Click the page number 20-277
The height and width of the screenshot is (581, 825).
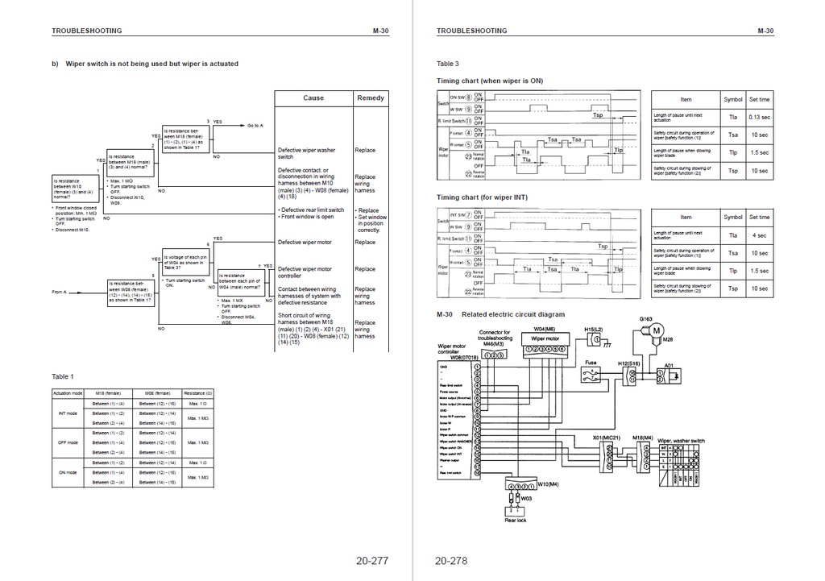click(371, 561)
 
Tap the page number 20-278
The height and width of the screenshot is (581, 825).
click(451, 561)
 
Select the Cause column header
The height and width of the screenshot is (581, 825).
click(313, 98)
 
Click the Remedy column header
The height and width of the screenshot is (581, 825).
click(371, 98)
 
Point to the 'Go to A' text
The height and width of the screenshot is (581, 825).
click(255, 126)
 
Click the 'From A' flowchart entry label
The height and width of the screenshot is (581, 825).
click(59, 292)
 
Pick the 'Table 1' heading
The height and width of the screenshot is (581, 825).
click(62, 376)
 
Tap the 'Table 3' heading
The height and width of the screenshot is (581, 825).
click(448, 64)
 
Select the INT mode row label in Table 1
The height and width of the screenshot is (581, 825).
click(68, 413)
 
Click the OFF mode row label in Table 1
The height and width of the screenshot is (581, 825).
click(68, 442)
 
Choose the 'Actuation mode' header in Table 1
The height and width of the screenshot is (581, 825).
click(68, 392)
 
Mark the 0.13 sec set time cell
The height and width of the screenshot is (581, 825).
click(759, 117)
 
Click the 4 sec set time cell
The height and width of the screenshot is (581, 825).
click(759, 235)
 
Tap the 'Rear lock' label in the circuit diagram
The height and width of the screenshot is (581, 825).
click(516, 521)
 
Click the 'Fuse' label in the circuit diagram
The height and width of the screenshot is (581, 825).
click(591, 363)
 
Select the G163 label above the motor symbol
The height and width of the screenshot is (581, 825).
click(646, 319)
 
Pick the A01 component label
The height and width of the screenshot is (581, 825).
click(668, 365)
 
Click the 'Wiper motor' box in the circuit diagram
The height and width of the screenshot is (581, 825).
click(545, 338)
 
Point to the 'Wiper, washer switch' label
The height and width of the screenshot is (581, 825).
click(681, 441)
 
